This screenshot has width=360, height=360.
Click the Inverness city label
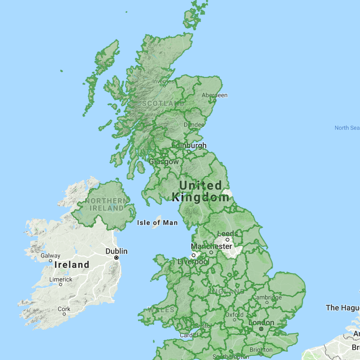pos(163,81)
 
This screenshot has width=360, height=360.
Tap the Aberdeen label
pos(214,95)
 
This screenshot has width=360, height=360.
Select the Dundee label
pos(194,124)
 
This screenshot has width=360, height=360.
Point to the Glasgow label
pos(164,161)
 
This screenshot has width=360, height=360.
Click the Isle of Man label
pos(157,223)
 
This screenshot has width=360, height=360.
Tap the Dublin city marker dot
pos(117,258)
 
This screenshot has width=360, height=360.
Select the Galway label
pos(50,255)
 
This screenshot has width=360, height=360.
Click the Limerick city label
pos(61,280)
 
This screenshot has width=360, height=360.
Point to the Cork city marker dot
pos(64,314)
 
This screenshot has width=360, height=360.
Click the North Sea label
pos(347,128)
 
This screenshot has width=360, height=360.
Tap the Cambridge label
pos(268,297)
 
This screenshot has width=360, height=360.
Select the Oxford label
pos(234,315)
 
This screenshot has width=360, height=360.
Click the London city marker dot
pos(261,329)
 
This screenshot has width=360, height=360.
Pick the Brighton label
pos(261,350)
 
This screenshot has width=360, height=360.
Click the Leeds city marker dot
pos(227,240)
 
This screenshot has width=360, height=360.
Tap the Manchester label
pos(212,246)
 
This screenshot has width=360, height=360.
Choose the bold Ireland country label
pos(72,265)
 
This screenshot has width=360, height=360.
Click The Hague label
pos(343,307)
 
